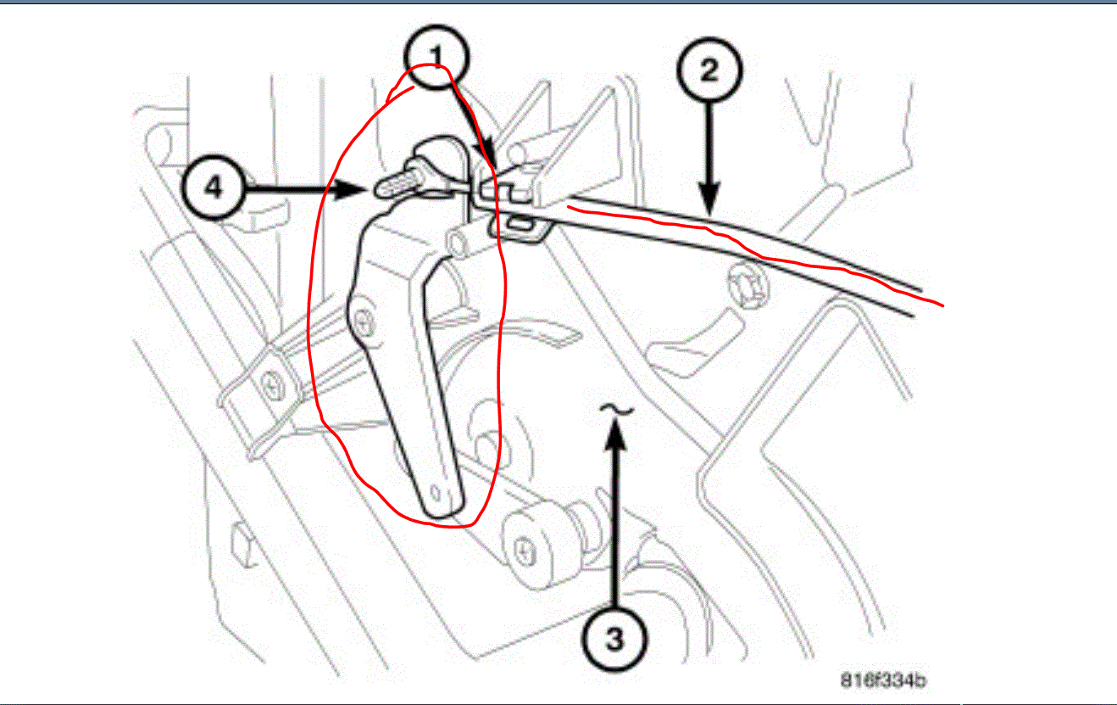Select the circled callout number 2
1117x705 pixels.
coord(708,67)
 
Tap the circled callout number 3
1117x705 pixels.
coord(616,639)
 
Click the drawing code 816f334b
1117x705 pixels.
coord(882,680)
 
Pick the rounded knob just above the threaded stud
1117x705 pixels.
coord(428,157)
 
